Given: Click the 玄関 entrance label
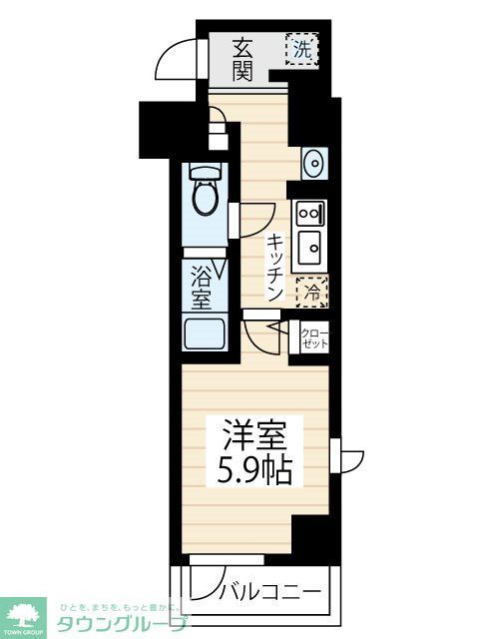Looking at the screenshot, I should pyautogui.click(x=243, y=58).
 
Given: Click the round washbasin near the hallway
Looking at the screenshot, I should pyautogui.click(x=312, y=161).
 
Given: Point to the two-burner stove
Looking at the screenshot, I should pyautogui.click(x=307, y=212).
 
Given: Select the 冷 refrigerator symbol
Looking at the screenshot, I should pyautogui.click(x=311, y=292).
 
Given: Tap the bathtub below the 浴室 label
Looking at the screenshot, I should pyautogui.click(x=206, y=334).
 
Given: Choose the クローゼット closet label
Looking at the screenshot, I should pyautogui.click(x=313, y=338).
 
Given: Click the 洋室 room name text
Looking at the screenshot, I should pyautogui.click(x=254, y=436).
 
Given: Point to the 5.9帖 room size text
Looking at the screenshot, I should pyautogui.click(x=254, y=469).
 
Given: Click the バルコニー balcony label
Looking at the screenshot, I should pyautogui.click(x=269, y=591).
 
